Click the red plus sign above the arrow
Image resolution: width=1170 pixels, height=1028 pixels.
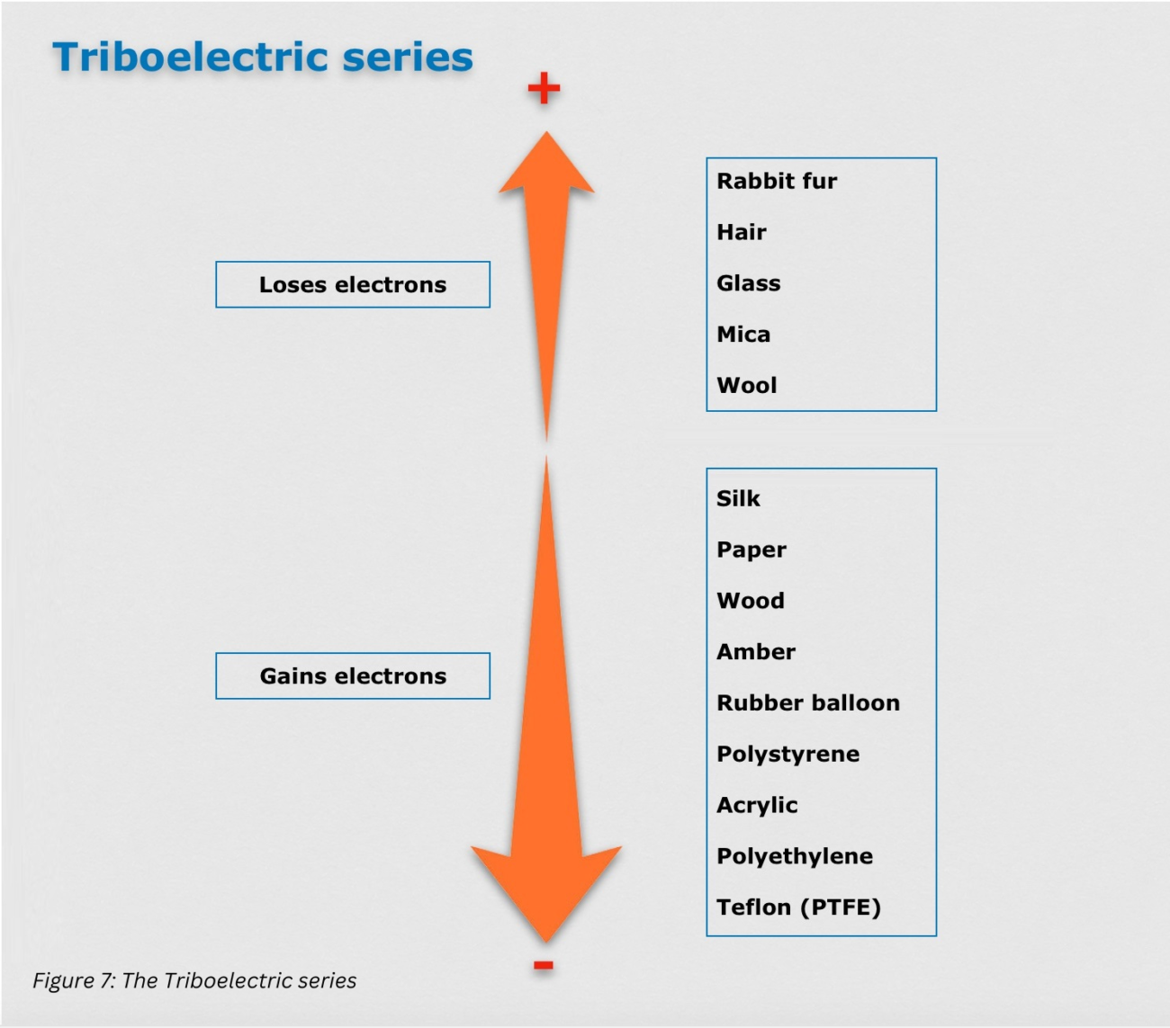tap(544, 89)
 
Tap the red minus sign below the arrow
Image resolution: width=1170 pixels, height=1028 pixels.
tap(543, 966)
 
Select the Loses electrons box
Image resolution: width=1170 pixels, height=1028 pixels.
tap(353, 285)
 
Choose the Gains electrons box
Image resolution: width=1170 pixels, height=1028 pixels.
tap(353, 676)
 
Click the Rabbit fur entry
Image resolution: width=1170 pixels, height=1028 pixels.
tap(777, 182)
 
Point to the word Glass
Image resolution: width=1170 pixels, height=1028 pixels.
tap(748, 283)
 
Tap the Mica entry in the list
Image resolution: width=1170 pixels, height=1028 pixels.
tap(743, 335)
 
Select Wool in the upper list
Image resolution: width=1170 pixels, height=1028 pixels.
tap(746, 386)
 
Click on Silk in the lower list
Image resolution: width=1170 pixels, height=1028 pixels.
tap(738, 499)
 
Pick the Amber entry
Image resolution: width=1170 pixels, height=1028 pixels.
tap(756, 652)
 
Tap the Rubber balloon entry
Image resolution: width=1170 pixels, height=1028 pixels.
tap(807, 703)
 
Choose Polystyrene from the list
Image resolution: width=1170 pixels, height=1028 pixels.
tap(787, 755)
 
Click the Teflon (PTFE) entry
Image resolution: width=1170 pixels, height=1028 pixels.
tap(798, 907)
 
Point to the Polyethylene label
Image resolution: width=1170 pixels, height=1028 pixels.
tap(794, 856)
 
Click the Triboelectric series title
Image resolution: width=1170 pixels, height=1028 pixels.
tap(263, 58)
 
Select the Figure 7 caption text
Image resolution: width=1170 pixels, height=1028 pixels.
tap(194, 980)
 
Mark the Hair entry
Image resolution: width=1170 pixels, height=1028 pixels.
tap(741, 233)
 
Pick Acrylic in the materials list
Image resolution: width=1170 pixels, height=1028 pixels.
tap(757, 806)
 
